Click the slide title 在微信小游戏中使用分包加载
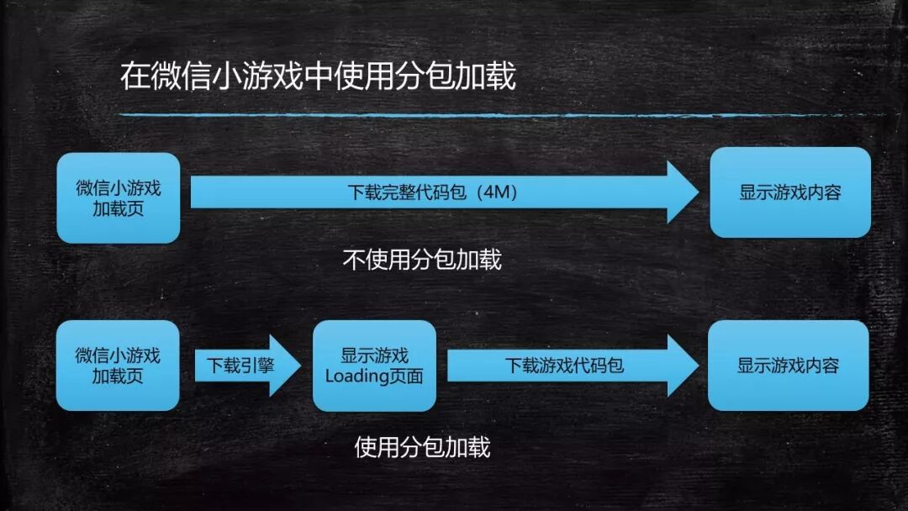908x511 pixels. pos(317,76)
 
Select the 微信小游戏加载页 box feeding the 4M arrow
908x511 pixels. pos(119,198)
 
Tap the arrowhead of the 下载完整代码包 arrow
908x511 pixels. pos(681,192)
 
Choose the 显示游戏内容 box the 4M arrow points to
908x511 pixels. pos(789,192)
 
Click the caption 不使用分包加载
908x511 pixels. pos(422,260)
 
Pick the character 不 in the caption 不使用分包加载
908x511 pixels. pos(353,260)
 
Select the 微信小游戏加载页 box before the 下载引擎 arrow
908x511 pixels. pos(118,366)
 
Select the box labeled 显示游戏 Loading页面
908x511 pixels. pos(374,366)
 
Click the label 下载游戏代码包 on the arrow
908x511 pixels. pos(564,366)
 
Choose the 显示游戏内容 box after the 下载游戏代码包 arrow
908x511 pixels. pos(788,366)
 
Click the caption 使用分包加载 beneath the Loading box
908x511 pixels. pos(422,447)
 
